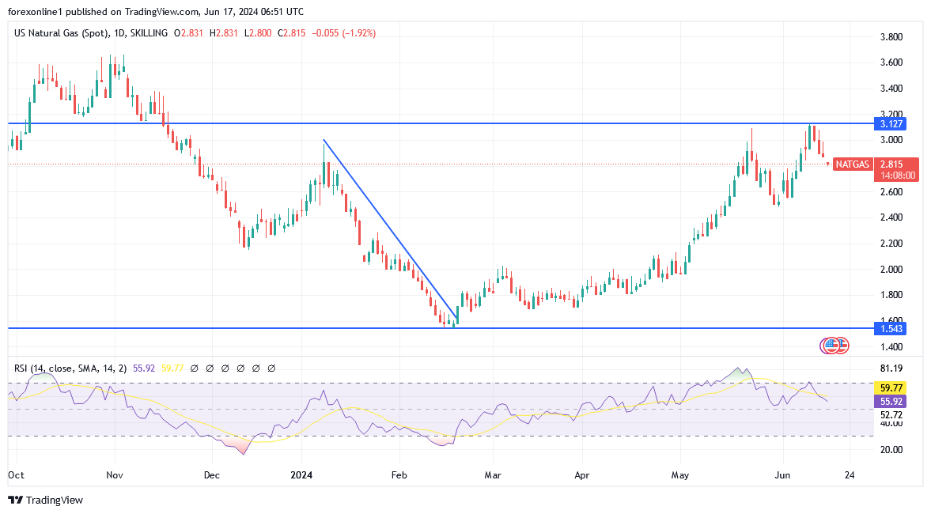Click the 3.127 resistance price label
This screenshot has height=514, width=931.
click(x=890, y=124)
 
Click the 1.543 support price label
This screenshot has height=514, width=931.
click(x=890, y=328)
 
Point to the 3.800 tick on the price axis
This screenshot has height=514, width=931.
click(x=892, y=37)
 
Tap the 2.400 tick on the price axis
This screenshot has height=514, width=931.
click(x=892, y=217)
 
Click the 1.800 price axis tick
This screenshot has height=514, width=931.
click(x=892, y=295)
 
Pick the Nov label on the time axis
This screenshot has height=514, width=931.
click(x=115, y=475)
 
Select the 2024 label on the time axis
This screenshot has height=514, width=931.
click(x=301, y=475)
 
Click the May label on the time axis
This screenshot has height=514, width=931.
click(x=680, y=475)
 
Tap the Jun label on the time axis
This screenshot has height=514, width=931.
click(x=782, y=475)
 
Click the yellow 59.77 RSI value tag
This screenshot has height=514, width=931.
click(x=891, y=388)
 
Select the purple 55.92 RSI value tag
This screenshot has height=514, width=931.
click(x=891, y=402)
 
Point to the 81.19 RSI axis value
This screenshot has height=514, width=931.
click(x=891, y=368)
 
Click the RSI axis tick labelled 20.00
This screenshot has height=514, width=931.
click(x=891, y=449)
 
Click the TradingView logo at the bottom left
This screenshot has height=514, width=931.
click(x=45, y=500)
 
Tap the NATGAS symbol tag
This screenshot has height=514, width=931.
click(x=852, y=164)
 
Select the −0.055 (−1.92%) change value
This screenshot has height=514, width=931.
click(x=344, y=33)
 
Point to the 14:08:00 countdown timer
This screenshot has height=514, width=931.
click(x=896, y=175)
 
